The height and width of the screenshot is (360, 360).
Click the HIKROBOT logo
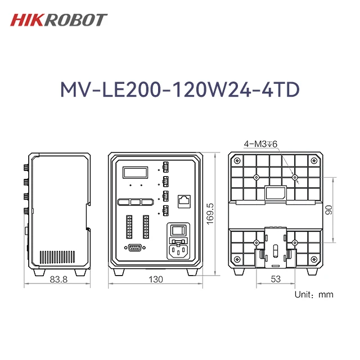[58, 20]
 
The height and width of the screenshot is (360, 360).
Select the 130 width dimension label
[155, 280]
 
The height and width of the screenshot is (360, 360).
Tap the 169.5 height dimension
[211, 214]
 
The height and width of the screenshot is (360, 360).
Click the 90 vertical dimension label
[330, 209]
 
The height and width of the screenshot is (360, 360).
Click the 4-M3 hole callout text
[261, 144]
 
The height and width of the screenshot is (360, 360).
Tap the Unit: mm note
[314, 294]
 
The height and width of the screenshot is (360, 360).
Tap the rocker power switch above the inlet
[178, 231]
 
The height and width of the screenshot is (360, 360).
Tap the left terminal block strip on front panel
[128, 226]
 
